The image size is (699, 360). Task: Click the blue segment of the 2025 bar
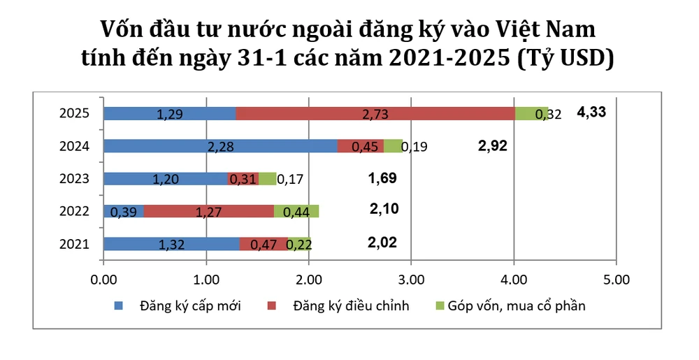(169, 113)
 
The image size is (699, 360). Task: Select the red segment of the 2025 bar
(375, 113)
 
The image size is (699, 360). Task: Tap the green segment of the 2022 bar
(296, 211)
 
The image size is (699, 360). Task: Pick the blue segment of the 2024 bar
(220, 145)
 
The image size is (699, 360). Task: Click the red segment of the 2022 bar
(208, 211)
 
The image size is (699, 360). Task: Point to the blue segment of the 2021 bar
(171, 243)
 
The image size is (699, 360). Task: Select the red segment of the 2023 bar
(243, 178)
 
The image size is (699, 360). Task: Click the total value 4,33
(591, 112)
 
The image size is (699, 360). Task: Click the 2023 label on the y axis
(75, 178)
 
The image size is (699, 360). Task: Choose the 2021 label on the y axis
(75, 243)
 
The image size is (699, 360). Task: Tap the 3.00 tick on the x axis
(411, 280)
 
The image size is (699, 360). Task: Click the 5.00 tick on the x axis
(616, 280)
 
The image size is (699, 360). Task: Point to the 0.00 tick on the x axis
(103, 280)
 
